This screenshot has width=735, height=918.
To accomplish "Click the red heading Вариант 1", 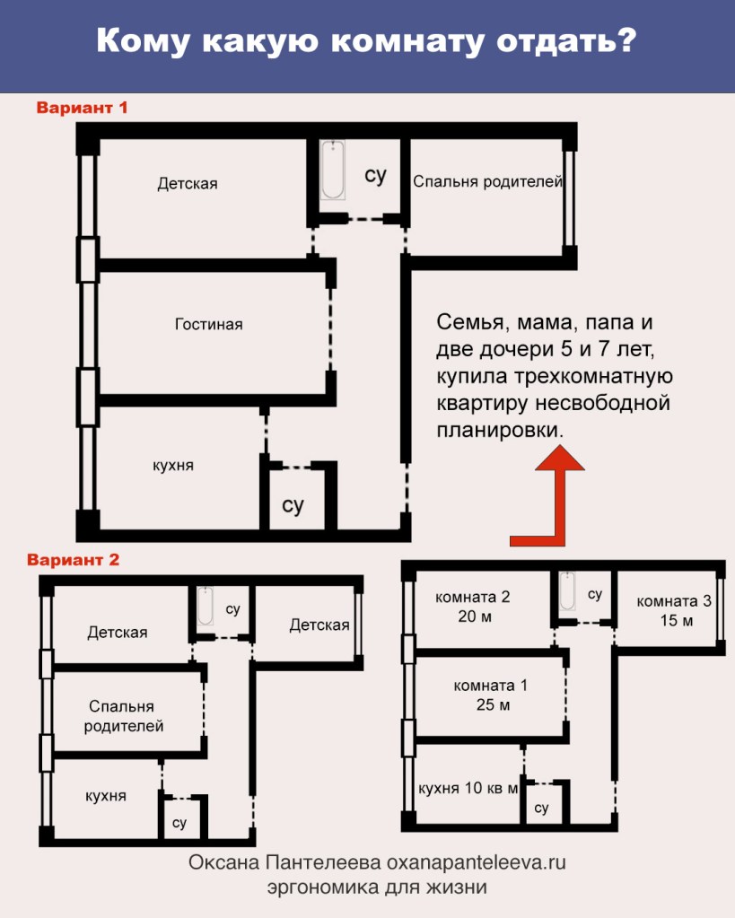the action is coord(82,108).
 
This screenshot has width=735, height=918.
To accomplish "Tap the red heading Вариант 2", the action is coord(74,560).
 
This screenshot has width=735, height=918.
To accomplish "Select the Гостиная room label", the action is coord(208,324).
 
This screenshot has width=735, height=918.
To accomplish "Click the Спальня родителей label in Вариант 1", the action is coord(487,181).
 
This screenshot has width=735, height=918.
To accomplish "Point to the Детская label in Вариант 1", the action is coord(188,184).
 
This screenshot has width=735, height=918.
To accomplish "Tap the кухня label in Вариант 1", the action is coord(173,466).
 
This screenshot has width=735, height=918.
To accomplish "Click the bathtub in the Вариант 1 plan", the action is coord(333,170).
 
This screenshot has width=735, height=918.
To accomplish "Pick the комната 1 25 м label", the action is coord(491,695).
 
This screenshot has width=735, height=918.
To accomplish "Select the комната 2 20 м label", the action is coord(473,607).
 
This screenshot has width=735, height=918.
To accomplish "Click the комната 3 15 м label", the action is coord(674,610).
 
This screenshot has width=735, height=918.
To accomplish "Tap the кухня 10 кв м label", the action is coord(468,788).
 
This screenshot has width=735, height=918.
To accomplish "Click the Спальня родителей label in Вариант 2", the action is coord(123,716).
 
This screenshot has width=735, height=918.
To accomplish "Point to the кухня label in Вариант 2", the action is coord(105,796).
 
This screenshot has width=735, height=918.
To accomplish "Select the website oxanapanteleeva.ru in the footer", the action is coord(477,863).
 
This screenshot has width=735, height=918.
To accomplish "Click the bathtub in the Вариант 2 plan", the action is coord(205,606).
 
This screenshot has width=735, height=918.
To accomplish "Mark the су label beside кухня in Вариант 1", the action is coord(293,504).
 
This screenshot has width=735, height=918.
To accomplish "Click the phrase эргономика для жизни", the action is coord(377,887).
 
